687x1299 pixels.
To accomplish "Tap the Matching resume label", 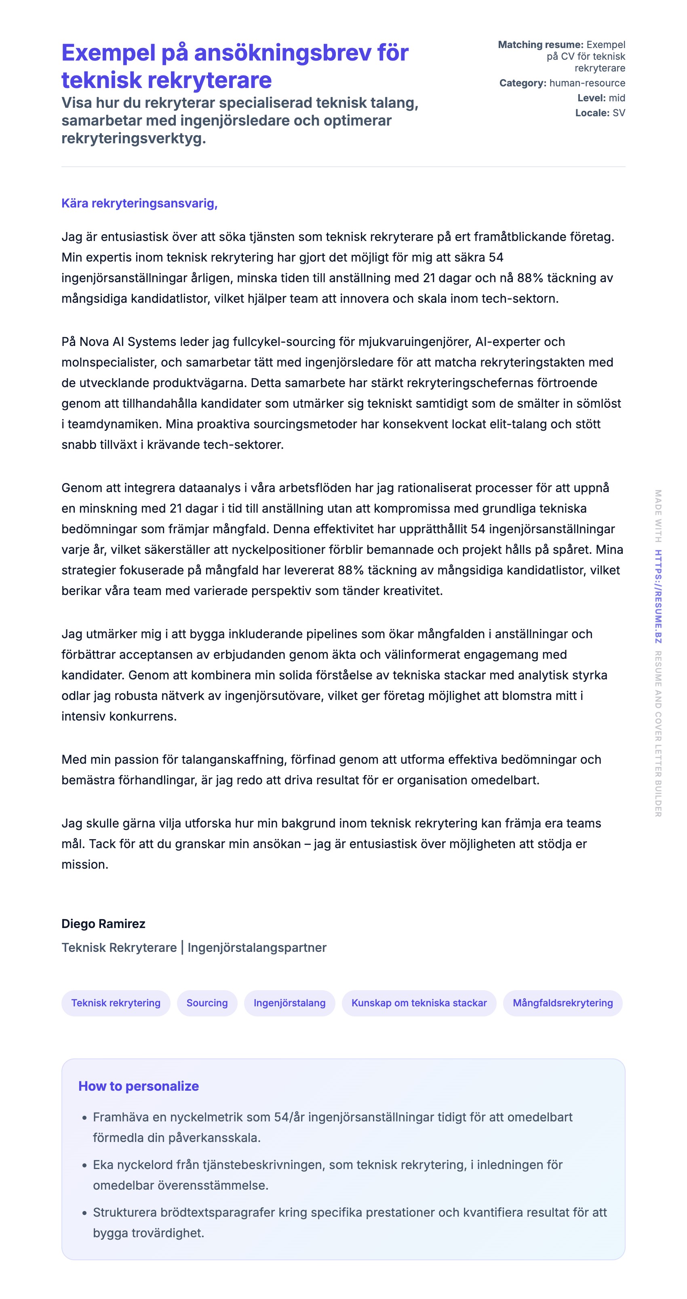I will click(540, 45).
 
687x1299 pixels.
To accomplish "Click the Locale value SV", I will click(618, 113).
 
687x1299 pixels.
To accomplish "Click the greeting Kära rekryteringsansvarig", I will click(139, 203).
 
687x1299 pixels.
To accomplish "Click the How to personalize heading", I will click(138, 1086).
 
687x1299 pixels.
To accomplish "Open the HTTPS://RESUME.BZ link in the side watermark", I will click(658, 596).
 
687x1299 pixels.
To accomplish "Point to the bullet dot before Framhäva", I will click(85, 1118).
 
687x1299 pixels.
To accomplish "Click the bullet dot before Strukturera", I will click(85, 1213).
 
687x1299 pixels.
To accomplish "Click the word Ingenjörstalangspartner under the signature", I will click(257, 947).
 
